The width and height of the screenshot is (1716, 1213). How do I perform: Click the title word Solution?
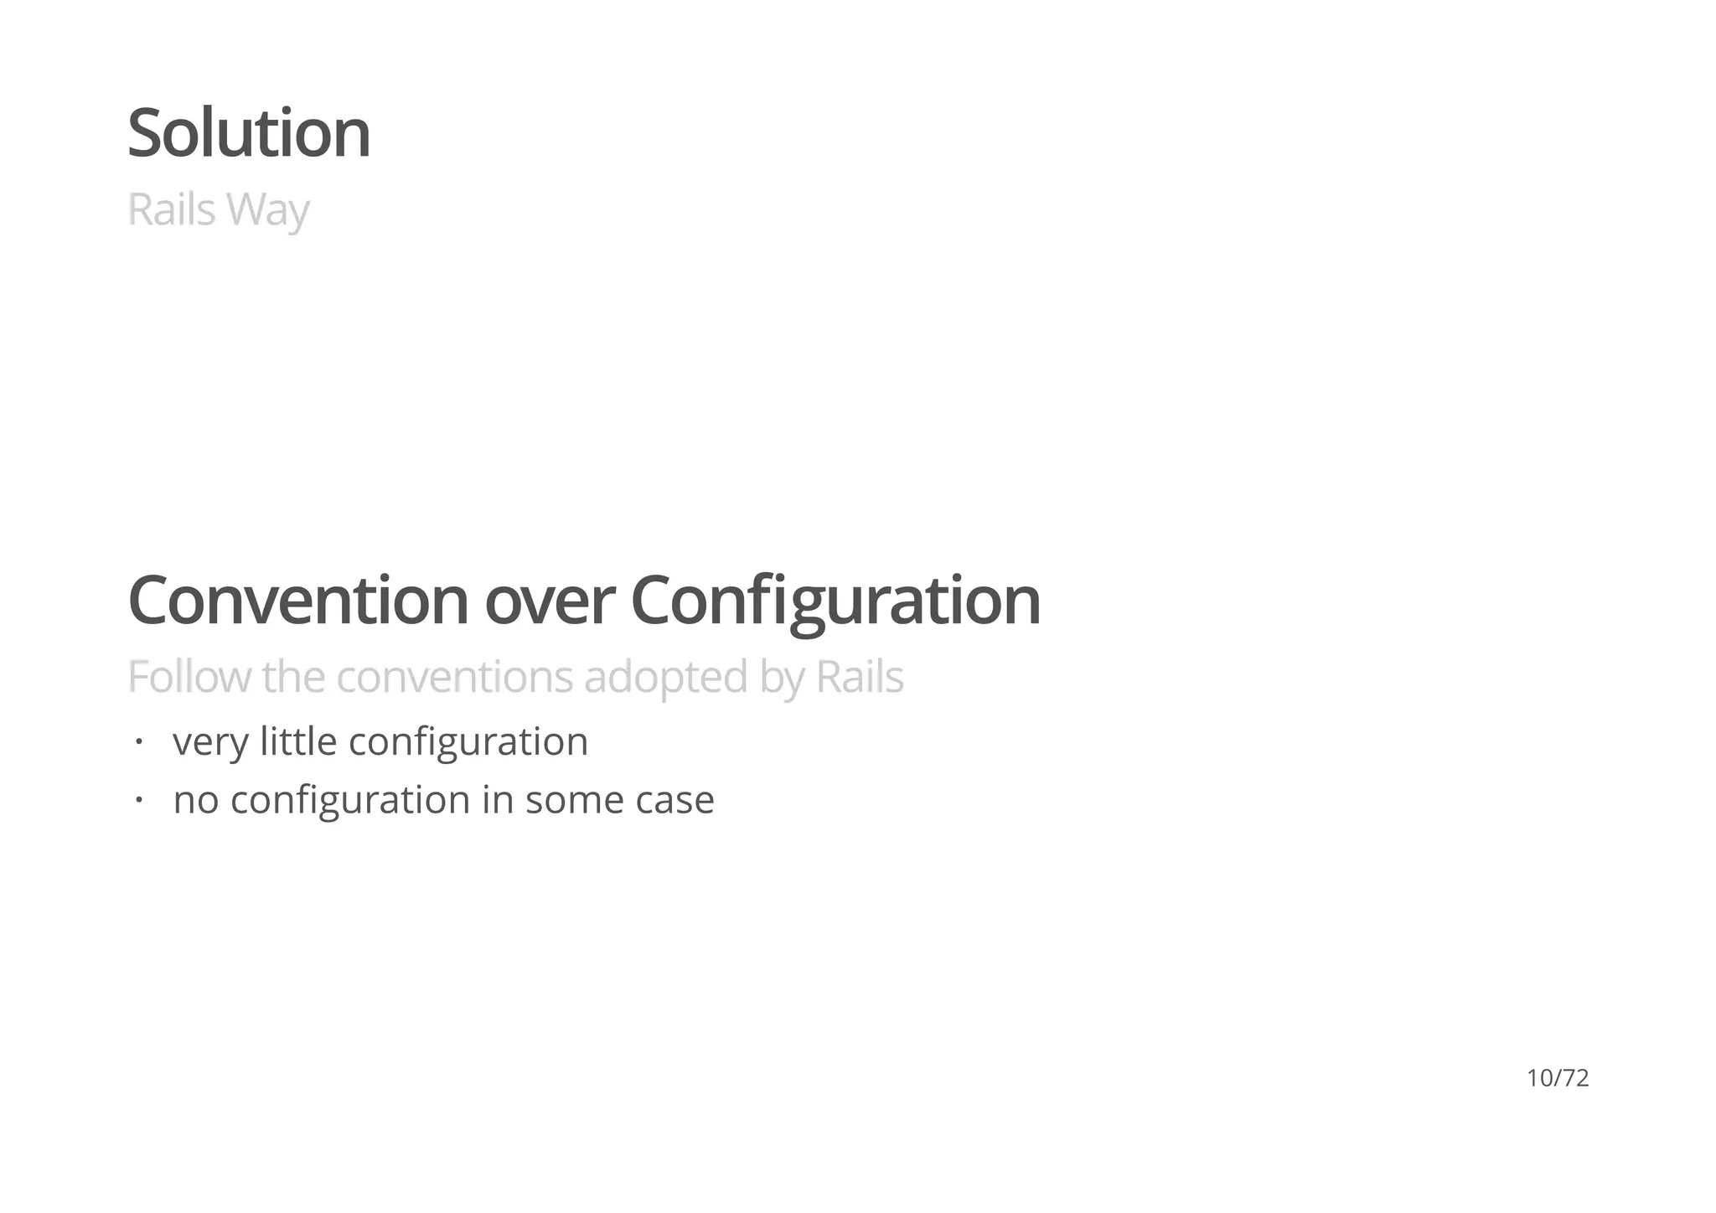(248, 133)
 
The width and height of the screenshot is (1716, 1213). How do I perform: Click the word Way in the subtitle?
(267, 209)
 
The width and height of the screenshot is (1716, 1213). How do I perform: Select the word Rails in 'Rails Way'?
(172, 209)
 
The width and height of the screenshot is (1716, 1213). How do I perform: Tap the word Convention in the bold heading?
(297, 601)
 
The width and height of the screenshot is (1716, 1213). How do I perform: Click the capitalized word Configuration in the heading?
(835, 601)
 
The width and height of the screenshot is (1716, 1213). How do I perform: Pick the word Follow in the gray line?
(189, 677)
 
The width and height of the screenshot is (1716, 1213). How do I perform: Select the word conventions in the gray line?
(455, 677)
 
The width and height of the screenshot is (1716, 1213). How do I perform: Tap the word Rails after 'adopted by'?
(860, 677)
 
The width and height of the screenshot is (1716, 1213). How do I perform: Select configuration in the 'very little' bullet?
(468, 742)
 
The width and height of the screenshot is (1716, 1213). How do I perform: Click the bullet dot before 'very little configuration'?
(139, 741)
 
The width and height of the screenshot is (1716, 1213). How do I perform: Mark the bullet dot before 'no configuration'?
(139, 799)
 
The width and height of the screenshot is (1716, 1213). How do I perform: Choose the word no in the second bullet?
(196, 800)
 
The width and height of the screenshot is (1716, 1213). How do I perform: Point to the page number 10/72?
(1558, 1078)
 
